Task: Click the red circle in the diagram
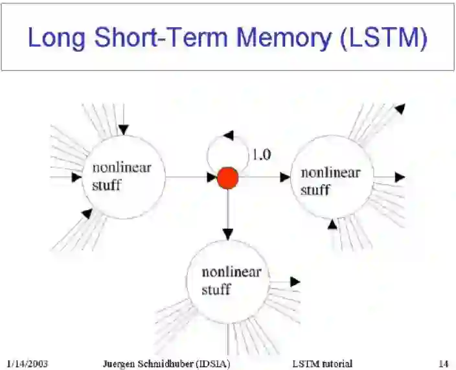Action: (227, 178)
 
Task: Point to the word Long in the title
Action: (56, 38)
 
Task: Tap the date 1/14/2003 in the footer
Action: (27, 364)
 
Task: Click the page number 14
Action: (443, 364)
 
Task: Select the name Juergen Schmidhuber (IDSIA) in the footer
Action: (166, 364)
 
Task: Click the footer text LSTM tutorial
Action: (322, 364)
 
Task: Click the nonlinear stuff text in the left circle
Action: (122, 176)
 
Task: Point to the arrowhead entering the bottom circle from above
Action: (227, 233)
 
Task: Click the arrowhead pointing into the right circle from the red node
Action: (285, 177)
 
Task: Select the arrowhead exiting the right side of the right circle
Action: (400, 177)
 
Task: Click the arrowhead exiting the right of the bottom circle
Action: (295, 282)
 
